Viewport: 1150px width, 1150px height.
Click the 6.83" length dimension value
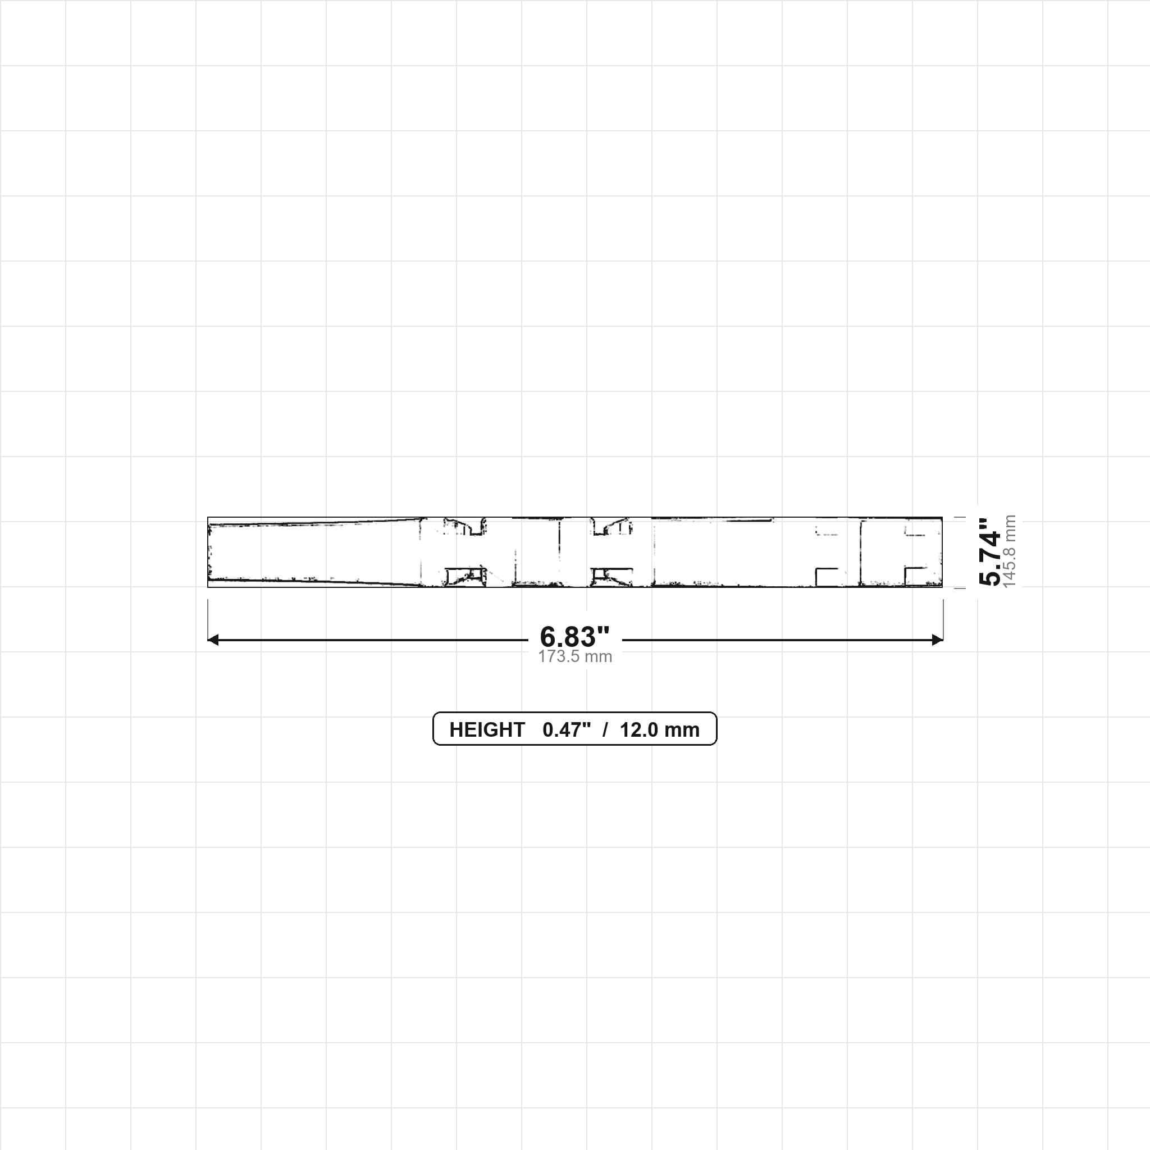574,637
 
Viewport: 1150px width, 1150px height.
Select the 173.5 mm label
575,656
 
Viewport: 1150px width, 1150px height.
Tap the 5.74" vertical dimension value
990,552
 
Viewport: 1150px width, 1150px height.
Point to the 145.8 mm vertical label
1010,552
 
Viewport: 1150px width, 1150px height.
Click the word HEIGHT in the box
487,730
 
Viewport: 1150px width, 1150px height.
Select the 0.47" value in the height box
567,730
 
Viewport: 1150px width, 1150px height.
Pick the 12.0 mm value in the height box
660,730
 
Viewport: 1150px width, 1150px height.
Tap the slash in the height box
605,730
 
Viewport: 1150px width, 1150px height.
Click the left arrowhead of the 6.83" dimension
212,640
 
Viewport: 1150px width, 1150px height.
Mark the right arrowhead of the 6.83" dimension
938,640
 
